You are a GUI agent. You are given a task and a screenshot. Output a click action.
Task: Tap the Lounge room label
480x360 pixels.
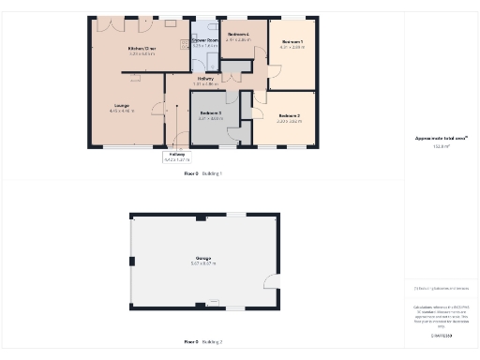(122, 105)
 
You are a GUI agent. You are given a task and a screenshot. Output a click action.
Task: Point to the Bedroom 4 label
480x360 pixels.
(238, 35)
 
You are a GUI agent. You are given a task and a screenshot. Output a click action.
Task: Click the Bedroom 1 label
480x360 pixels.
(292, 42)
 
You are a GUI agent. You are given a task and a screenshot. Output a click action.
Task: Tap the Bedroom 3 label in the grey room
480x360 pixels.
(212, 113)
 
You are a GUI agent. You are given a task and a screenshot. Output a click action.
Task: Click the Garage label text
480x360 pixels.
(203, 258)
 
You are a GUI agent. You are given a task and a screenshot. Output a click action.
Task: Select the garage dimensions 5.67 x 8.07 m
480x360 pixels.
(203, 264)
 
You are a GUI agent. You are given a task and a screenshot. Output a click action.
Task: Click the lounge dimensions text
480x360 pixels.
(122, 112)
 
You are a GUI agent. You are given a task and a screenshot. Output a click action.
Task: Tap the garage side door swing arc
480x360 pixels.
(271, 281)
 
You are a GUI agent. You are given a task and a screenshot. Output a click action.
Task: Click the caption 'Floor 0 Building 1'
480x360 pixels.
(202, 174)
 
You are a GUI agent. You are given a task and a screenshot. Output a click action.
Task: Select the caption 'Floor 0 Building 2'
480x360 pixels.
(202, 341)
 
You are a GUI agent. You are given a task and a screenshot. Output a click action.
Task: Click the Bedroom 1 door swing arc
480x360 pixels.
(274, 70)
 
